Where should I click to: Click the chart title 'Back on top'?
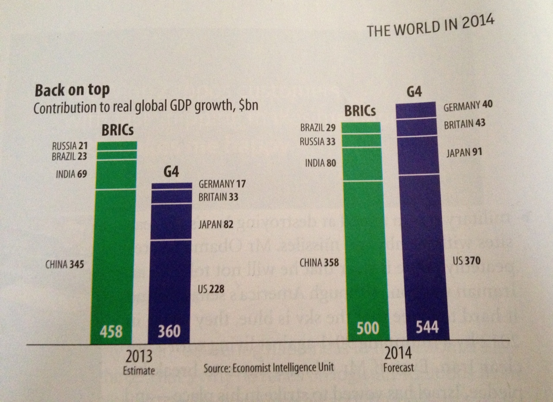click(72, 90)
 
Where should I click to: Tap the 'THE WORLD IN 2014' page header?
click(430, 27)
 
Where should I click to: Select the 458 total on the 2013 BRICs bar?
click(111, 332)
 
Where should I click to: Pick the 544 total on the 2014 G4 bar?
click(427, 327)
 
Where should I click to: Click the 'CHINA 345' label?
click(64, 264)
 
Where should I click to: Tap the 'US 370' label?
click(466, 261)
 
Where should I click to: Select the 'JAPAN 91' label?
click(464, 152)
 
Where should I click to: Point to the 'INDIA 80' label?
click(320, 163)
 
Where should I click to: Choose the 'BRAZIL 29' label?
click(318, 128)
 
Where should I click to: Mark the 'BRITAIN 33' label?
click(218, 198)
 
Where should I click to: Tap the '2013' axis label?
click(139, 356)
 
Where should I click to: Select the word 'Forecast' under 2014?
click(398, 367)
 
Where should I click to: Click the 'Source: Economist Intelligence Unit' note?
click(269, 368)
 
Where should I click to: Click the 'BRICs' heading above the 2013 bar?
click(117, 131)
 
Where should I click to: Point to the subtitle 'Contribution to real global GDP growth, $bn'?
click(146, 107)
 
